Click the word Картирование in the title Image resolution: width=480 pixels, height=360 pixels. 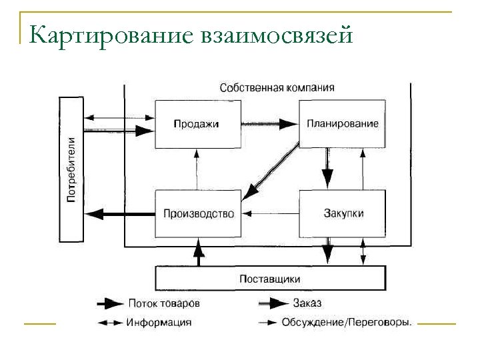pyautogui.click(x=111, y=33)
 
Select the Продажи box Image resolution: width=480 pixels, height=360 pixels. pyautogui.click(x=197, y=123)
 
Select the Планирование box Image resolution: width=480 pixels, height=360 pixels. pyautogui.click(x=342, y=123)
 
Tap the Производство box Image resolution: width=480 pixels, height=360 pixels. pyautogui.click(x=198, y=214)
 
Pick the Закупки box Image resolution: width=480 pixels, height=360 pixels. pyautogui.click(x=343, y=214)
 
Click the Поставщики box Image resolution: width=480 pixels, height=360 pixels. pyautogui.click(x=270, y=278)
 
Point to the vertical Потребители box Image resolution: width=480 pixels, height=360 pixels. pyautogui.click(x=72, y=169)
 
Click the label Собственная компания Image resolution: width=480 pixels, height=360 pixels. pyautogui.click(x=277, y=87)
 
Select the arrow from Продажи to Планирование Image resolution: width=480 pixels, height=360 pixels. pyautogui.click(x=269, y=123)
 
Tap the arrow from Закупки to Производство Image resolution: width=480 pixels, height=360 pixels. pyautogui.click(x=270, y=214)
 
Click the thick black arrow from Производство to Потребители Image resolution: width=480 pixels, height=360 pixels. pyautogui.click(x=120, y=214)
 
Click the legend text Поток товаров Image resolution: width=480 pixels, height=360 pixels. pyautogui.click(x=163, y=303)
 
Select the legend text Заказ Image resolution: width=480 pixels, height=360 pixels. pyautogui.click(x=307, y=303)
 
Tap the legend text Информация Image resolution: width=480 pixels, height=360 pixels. pyautogui.click(x=159, y=322)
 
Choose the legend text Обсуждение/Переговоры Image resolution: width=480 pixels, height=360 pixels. pyautogui.click(x=346, y=322)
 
